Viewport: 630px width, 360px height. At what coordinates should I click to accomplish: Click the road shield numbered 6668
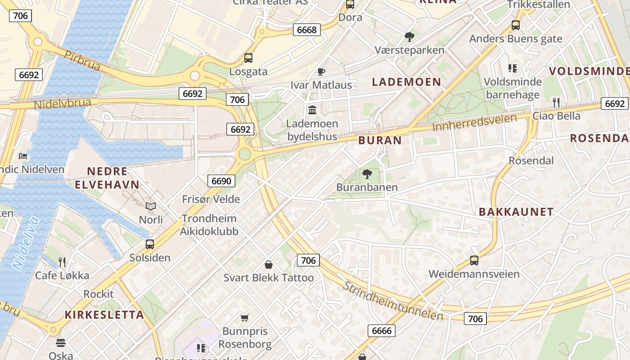point(307,30)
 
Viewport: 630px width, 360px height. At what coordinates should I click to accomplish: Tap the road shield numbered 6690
point(221,181)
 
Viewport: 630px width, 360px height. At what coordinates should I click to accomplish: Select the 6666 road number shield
point(382,331)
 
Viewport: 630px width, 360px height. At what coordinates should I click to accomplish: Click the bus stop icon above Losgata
point(248,58)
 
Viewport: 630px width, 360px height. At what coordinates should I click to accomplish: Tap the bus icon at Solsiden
point(150,244)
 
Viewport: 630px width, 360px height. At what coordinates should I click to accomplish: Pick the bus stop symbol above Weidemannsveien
point(474,260)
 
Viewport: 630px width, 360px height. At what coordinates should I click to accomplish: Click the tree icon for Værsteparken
point(409,36)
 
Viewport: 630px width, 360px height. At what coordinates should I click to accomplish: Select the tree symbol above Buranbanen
point(367,174)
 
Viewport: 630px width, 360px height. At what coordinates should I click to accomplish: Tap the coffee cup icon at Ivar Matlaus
point(321,72)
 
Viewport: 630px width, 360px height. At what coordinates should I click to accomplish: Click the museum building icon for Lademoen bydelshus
point(312,110)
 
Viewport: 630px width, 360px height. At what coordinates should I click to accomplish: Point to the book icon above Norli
point(151,206)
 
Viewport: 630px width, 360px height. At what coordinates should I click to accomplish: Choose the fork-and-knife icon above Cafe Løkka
point(62,262)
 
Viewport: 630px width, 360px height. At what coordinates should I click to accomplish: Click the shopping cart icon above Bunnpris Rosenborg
point(244,318)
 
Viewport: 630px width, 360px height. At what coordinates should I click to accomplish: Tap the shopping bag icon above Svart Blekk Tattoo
point(269,265)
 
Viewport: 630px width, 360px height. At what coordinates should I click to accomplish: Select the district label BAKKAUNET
point(516,212)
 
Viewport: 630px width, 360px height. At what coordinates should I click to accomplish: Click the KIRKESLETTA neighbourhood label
point(104,315)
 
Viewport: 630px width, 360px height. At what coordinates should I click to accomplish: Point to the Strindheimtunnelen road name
point(393,301)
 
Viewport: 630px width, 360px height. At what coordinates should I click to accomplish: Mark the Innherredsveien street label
point(474,122)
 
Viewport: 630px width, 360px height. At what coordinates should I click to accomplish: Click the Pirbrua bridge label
point(82,60)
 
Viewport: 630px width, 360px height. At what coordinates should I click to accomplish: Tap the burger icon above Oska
point(61,343)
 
